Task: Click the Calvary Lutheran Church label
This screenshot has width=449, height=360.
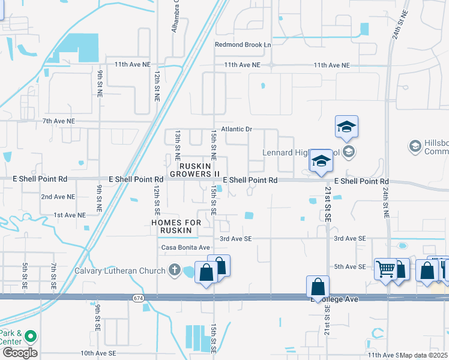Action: point(119,271)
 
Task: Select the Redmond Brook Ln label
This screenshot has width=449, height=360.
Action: point(243,44)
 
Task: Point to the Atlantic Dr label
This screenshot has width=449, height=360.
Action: point(237,129)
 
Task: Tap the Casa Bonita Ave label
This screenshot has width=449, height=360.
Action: point(185,247)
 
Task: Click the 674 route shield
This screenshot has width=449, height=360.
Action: point(137,298)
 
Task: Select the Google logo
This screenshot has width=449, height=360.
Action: point(19,353)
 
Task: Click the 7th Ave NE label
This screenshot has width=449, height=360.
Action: point(59,121)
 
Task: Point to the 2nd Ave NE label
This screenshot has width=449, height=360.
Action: point(58,197)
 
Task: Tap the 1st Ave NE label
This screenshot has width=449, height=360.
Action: point(70,214)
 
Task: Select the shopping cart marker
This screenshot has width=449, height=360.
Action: point(385,268)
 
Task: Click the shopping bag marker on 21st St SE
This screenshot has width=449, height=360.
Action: point(318,287)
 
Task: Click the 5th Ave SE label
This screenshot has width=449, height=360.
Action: point(349,266)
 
